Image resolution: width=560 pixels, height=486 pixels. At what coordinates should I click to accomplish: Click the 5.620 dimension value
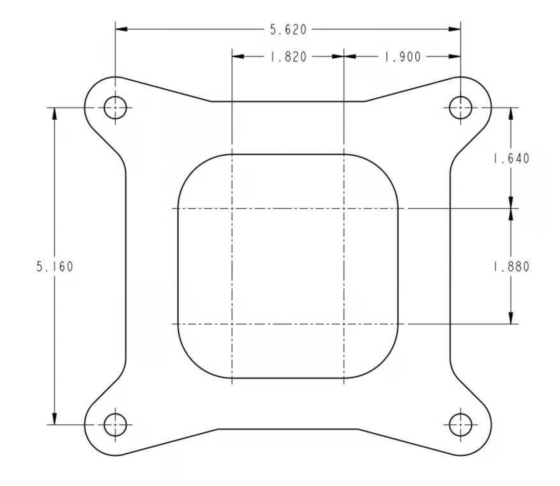(288, 29)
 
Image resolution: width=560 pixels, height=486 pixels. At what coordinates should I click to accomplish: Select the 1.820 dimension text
(288, 57)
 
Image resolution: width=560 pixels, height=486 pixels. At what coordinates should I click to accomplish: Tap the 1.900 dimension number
(402, 57)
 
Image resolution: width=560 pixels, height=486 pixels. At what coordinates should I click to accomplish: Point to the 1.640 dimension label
(511, 158)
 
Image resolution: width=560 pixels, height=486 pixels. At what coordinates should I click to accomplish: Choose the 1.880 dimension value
(511, 266)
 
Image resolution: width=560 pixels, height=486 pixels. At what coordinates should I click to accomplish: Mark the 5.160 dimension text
(55, 266)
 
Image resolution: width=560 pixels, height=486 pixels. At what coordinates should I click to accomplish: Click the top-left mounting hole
(115, 108)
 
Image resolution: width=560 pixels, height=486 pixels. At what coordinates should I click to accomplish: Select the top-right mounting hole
(460, 108)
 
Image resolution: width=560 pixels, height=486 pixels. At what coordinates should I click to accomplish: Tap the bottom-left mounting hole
(115, 425)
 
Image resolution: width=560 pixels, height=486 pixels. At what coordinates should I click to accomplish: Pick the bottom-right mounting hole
(460, 425)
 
